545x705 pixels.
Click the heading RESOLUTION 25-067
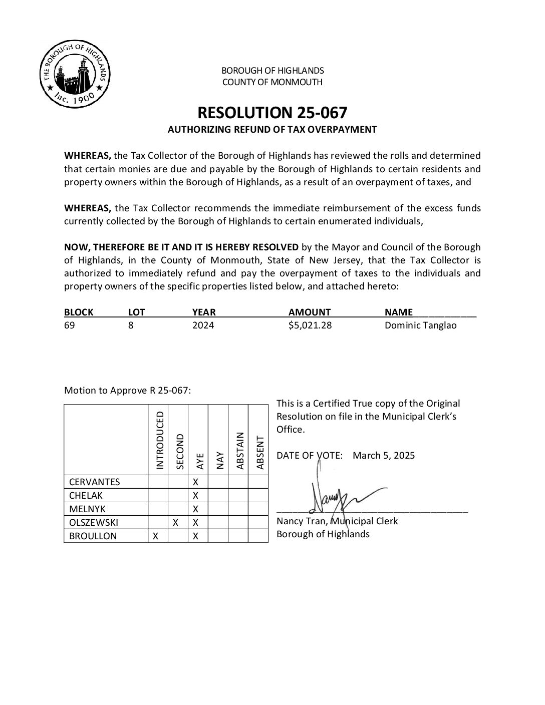click(x=272, y=112)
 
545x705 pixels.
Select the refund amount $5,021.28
click(x=310, y=325)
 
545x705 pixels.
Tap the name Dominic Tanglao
click(x=420, y=325)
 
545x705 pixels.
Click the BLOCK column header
click(x=79, y=312)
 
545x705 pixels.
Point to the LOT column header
click(x=136, y=312)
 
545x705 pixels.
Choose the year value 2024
click(x=203, y=325)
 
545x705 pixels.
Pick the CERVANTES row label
click(x=95, y=482)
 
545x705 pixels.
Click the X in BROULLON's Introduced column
click(x=156, y=536)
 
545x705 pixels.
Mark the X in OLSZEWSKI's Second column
click(x=176, y=522)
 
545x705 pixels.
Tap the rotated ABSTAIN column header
click(x=240, y=451)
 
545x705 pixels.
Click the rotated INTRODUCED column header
click(x=160, y=441)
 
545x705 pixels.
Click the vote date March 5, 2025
click(x=384, y=456)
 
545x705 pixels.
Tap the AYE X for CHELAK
click(x=196, y=496)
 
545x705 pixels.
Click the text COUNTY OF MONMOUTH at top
click(x=272, y=82)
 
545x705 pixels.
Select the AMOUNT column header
click(x=310, y=312)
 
